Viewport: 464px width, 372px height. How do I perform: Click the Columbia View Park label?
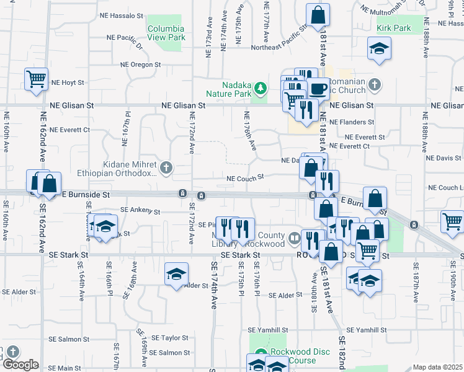click(x=166, y=33)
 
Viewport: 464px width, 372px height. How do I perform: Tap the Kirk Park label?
click(x=394, y=29)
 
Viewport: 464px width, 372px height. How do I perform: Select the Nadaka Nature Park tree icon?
click(x=262, y=89)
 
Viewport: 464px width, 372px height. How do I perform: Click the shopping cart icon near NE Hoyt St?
click(x=37, y=79)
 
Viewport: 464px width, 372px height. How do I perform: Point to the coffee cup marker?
click(x=319, y=88)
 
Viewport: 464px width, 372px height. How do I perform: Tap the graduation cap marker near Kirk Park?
click(x=378, y=48)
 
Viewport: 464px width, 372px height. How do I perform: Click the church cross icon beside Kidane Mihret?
click(x=166, y=167)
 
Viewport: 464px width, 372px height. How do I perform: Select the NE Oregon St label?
click(x=141, y=64)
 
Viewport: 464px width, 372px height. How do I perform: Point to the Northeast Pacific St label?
click(x=279, y=48)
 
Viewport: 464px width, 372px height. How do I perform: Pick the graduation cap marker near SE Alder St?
click(x=176, y=274)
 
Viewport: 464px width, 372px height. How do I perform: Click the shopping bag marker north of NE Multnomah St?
click(x=318, y=15)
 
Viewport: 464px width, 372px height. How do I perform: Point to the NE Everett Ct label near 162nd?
click(x=70, y=130)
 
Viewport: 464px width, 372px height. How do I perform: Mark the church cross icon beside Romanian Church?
click(x=374, y=84)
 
